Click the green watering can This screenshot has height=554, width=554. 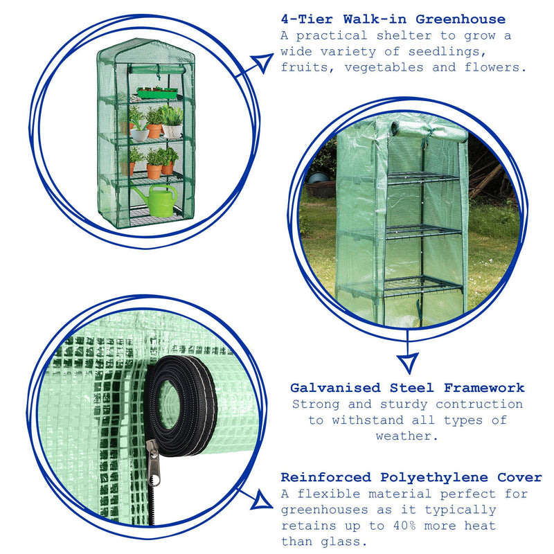(158, 200)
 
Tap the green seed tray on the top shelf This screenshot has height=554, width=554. (157, 93)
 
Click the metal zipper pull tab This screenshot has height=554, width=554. (154, 463)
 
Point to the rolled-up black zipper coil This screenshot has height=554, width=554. (181, 406)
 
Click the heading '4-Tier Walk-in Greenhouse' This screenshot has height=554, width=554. (393, 19)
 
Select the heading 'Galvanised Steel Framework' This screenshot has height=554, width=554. (407, 388)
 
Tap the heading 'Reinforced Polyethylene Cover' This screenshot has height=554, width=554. (411, 477)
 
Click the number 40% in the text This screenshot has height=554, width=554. (404, 526)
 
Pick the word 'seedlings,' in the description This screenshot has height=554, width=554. (447, 52)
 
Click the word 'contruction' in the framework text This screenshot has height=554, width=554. (479, 404)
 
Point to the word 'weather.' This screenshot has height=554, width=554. (406, 436)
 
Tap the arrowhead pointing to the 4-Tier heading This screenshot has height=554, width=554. (263, 62)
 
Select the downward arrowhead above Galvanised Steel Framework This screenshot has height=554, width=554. (408, 363)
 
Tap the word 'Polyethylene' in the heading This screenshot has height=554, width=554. (434, 478)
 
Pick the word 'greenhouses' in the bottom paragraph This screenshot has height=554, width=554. (325, 510)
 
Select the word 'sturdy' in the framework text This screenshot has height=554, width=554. (403, 404)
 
